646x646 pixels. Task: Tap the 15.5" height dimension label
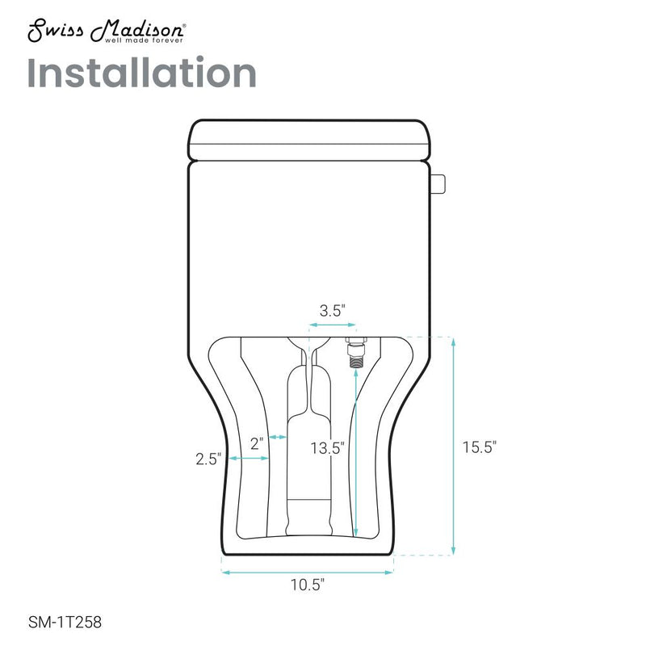point(479,447)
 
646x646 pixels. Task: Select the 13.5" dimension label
point(330,447)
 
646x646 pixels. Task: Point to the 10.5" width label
point(307,588)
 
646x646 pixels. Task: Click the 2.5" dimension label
point(208,459)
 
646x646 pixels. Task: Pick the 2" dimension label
point(258,443)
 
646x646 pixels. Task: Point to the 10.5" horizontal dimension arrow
point(307,572)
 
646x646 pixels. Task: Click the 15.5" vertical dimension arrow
point(454,447)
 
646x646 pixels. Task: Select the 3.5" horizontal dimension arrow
point(332,325)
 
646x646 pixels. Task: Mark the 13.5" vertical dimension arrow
point(355,452)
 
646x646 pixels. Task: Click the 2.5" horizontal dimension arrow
point(250,459)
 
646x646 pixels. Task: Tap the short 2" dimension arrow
point(278,437)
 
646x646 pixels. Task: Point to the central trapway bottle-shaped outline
point(308,452)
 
